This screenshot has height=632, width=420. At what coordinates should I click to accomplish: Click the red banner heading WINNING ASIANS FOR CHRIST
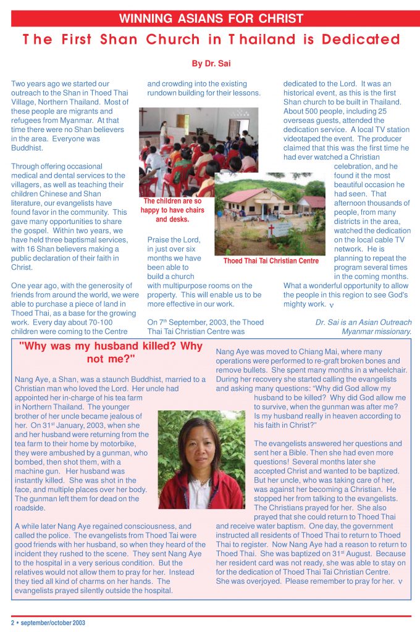coord(211,19)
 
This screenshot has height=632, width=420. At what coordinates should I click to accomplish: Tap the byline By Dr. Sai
coord(211,63)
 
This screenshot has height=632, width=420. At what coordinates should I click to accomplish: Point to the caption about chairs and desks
coord(172,210)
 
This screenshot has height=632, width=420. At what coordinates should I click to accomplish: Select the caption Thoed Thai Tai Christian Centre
coord(271,261)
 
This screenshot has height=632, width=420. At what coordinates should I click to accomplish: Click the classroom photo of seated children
coord(185,148)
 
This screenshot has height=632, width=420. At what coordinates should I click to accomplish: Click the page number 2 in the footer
coord(13,623)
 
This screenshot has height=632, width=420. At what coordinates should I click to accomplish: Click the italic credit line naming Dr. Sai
coord(363,326)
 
